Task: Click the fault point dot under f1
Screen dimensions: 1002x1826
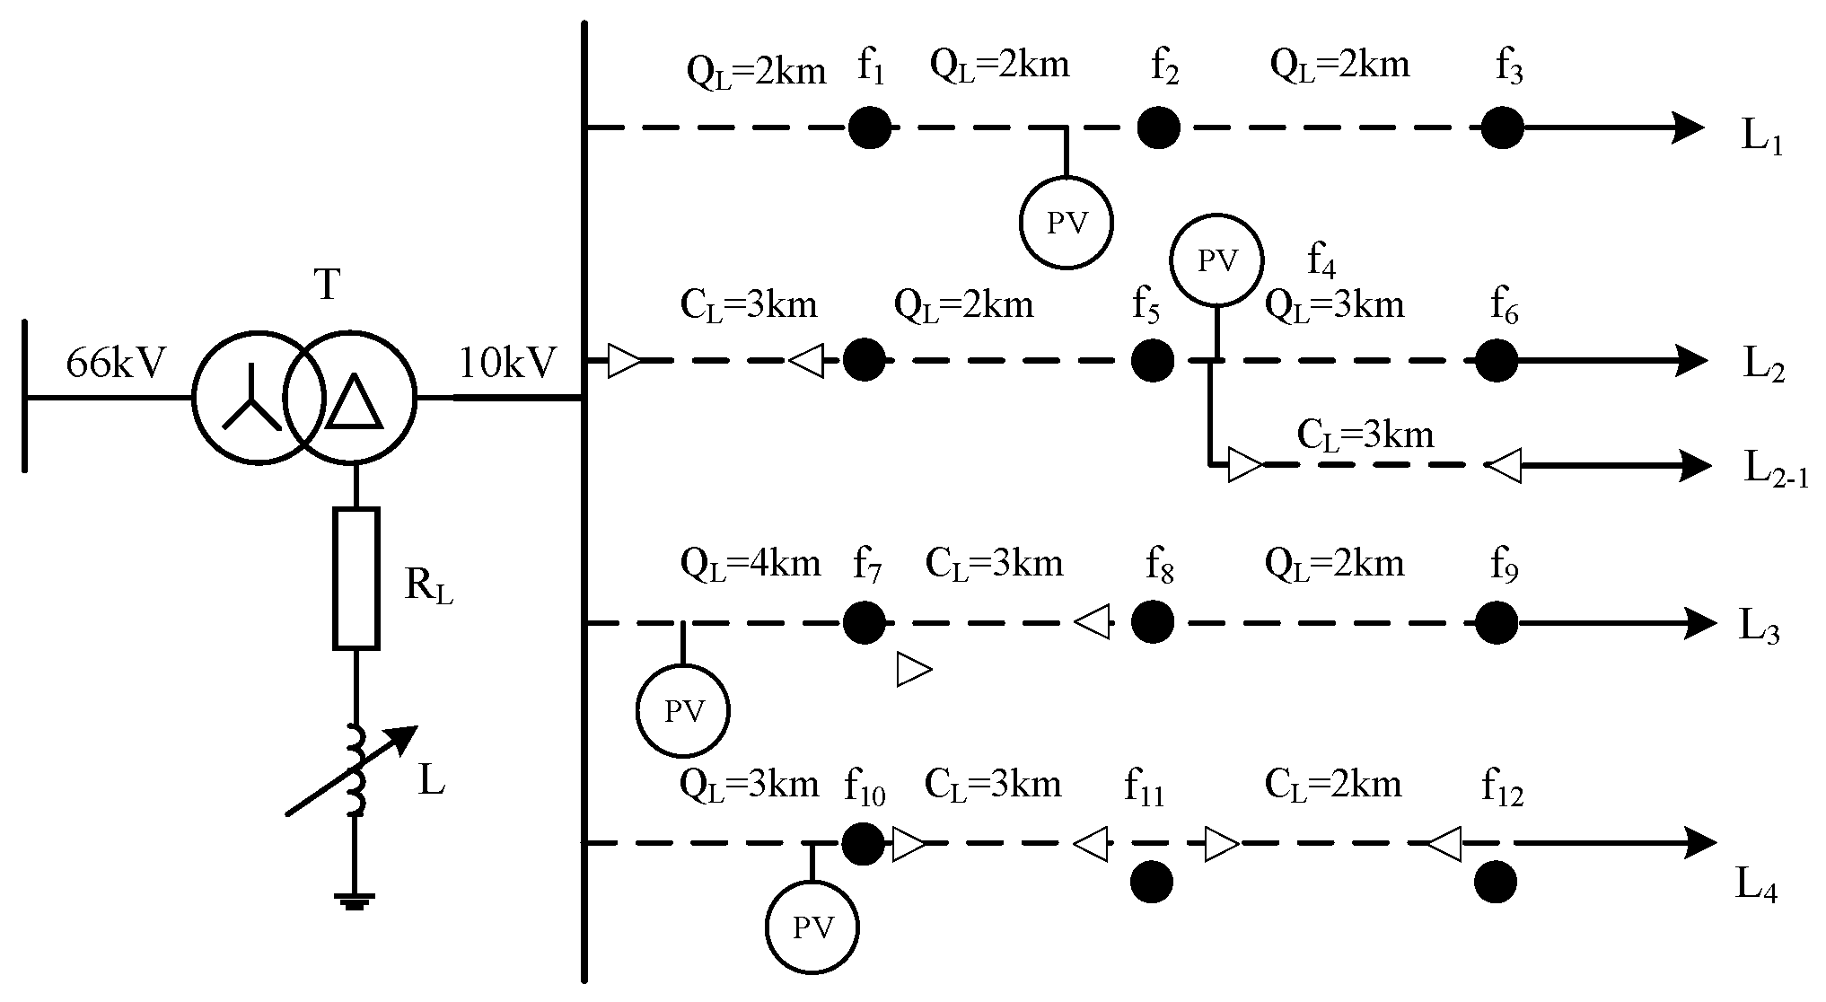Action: pyautogui.click(x=870, y=128)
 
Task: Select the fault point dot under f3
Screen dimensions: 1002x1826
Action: pyautogui.click(x=1502, y=127)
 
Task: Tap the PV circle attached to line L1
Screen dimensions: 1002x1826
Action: pyautogui.click(x=1067, y=222)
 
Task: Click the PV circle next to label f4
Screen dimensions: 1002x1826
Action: pyautogui.click(x=1216, y=260)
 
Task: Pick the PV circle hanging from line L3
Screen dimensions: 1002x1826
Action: pyautogui.click(x=682, y=711)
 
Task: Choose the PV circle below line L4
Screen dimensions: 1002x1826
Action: pyautogui.click(x=812, y=927)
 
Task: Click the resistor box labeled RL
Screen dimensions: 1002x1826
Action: pyautogui.click(x=356, y=578)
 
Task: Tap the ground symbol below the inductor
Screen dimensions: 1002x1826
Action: pyautogui.click(x=356, y=900)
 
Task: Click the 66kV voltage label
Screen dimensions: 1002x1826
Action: pyautogui.click(x=116, y=364)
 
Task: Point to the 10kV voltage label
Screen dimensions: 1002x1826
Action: pyautogui.click(x=507, y=364)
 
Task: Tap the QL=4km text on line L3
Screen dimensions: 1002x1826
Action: pyautogui.click(x=751, y=564)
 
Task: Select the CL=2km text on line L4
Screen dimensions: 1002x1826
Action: pyautogui.click(x=1332, y=785)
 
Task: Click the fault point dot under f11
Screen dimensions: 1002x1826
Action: pyautogui.click(x=1152, y=882)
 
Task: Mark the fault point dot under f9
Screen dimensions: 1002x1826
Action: pyautogui.click(x=1497, y=622)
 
